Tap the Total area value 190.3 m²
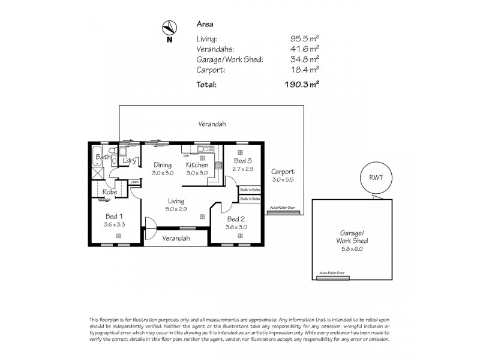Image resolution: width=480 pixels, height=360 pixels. pyautogui.click(x=302, y=85)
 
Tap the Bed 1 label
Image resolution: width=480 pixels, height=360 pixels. pyautogui.click(x=115, y=216)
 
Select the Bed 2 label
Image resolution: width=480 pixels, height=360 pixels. pyautogui.click(x=236, y=219)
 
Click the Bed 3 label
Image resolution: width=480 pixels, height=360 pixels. pyautogui.click(x=242, y=161)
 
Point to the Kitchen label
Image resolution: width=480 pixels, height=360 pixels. pyautogui.click(x=197, y=165)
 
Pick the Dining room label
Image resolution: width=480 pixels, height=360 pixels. pyautogui.click(x=163, y=165)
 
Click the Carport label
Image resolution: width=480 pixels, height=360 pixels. pyautogui.click(x=282, y=172)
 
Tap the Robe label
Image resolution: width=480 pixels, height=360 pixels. pyautogui.click(x=109, y=192)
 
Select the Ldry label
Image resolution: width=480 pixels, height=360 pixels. pyautogui.click(x=128, y=160)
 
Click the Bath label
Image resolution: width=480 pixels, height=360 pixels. pyautogui.click(x=102, y=158)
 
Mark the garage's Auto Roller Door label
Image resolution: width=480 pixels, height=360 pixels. pyautogui.click(x=332, y=272)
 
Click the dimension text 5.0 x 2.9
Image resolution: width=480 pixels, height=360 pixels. pyautogui.click(x=176, y=209)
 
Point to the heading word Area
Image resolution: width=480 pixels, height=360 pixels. pyautogui.click(x=204, y=25)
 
